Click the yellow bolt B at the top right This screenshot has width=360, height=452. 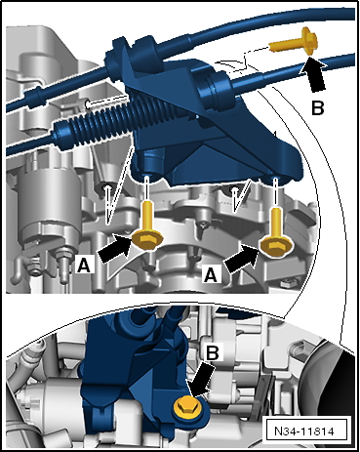(x=293, y=42)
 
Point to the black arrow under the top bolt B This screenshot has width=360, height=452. (x=314, y=75)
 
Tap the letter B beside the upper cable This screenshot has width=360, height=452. (x=318, y=108)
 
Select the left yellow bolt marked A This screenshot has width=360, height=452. (x=147, y=227)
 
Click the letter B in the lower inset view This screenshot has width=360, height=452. (x=212, y=352)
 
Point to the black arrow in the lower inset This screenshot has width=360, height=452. (x=202, y=380)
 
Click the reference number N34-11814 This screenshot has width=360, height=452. (x=303, y=431)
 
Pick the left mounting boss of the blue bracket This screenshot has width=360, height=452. (x=150, y=164)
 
